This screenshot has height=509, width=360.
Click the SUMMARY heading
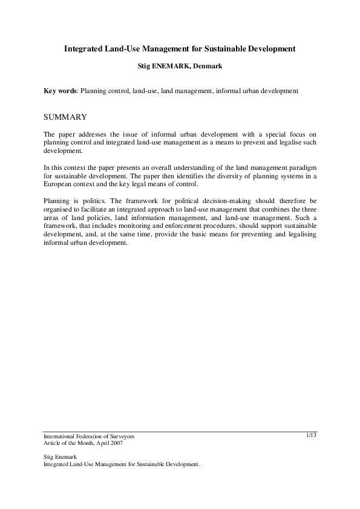click(66, 117)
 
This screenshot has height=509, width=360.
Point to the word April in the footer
click(99, 443)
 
